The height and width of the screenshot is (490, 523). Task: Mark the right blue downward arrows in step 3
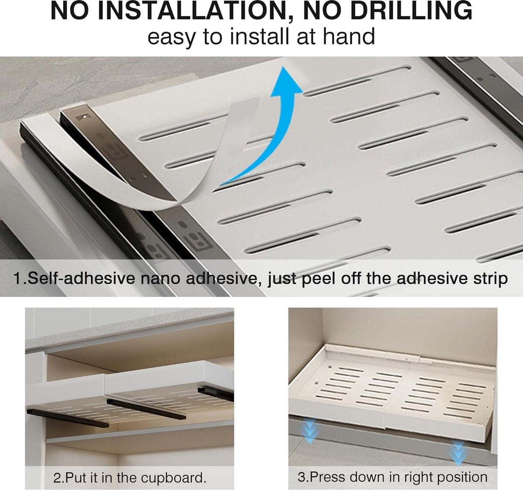pyautogui.click(x=459, y=452)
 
